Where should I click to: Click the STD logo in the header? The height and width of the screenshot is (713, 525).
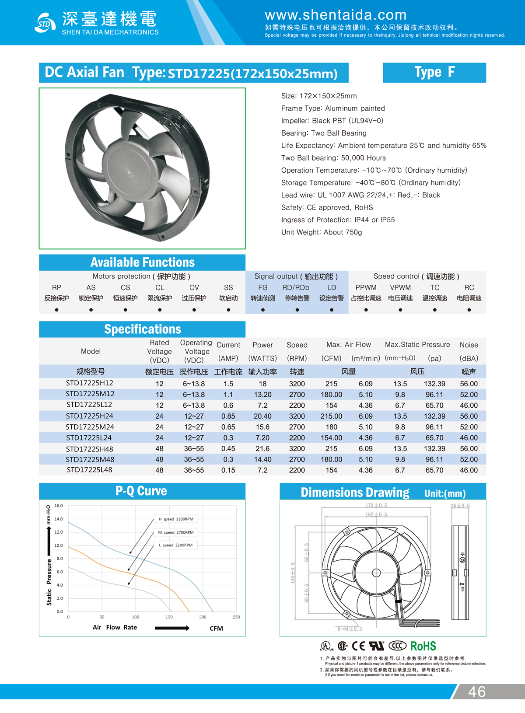tap(45, 23)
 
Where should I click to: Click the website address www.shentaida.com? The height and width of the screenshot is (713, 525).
tap(336, 15)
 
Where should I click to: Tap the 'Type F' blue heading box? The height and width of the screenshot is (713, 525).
tap(434, 73)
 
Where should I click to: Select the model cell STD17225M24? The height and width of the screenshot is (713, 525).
tap(90, 427)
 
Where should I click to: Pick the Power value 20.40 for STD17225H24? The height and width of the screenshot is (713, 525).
tap(262, 416)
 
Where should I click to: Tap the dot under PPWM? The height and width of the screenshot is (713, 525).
tap(366, 310)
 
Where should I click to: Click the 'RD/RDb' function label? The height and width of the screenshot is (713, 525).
tap(296, 288)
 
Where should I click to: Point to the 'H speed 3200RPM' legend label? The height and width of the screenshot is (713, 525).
tap(176, 519)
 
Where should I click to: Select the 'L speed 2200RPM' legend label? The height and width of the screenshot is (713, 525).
tap(176, 545)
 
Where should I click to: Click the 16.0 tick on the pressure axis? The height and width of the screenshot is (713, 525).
tap(59, 506)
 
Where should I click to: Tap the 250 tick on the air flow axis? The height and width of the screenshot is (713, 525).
tap(236, 617)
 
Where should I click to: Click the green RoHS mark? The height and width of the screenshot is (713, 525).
tap(423, 646)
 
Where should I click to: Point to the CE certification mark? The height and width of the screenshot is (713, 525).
tap(358, 646)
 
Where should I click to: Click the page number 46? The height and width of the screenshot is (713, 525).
tap(476, 692)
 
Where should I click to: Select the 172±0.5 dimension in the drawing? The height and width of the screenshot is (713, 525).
tap(376, 506)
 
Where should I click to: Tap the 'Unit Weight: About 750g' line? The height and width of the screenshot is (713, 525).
tap(322, 232)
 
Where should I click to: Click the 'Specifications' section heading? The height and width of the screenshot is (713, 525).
tap(142, 329)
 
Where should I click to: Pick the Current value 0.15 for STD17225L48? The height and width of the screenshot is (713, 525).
tap(228, 470)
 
